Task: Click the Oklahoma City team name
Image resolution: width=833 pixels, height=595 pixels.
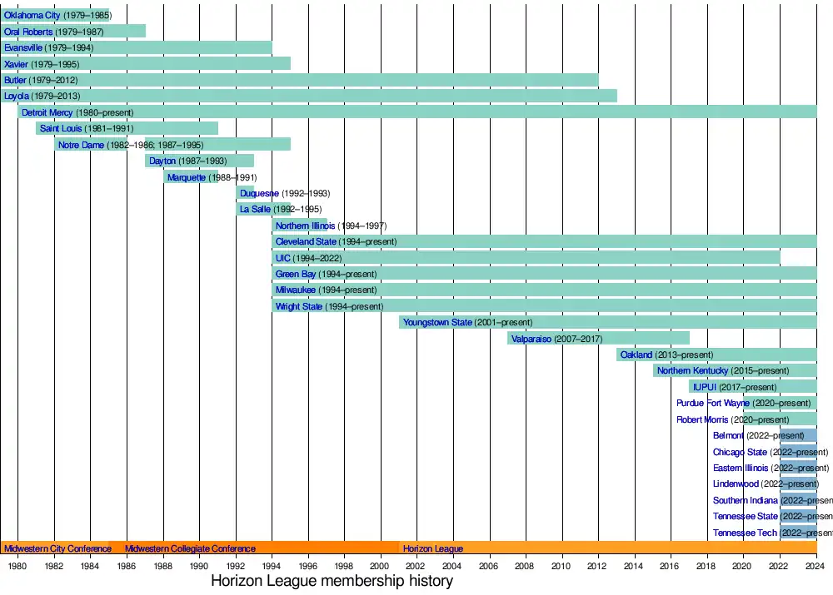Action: [32, 16]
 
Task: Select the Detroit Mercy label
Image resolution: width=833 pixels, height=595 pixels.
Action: [47, 112]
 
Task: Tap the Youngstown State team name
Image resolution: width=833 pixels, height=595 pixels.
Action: [437, 322]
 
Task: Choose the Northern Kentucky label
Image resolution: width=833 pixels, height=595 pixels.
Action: [692, 370]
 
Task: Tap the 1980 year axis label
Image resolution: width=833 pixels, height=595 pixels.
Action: [18, 566]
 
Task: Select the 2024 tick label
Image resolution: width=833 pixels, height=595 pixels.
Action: [816, 566]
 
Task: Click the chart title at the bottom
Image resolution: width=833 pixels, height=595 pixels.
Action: [332, 581]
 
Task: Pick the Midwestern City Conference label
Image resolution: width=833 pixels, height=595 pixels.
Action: [57, 548]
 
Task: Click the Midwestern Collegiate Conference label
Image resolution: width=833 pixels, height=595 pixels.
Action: [190, 548]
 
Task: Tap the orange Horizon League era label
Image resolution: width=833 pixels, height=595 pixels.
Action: [433, 548]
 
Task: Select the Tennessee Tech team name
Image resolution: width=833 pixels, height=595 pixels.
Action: [745, 533]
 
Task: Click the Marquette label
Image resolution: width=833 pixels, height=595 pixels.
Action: [187, 177]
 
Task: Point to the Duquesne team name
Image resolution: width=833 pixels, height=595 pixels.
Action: [259, 193]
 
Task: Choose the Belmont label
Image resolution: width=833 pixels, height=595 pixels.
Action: [728, 435]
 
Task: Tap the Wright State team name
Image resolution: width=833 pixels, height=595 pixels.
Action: [298, 306]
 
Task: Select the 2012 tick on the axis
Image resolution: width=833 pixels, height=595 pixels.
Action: [599, 566]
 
